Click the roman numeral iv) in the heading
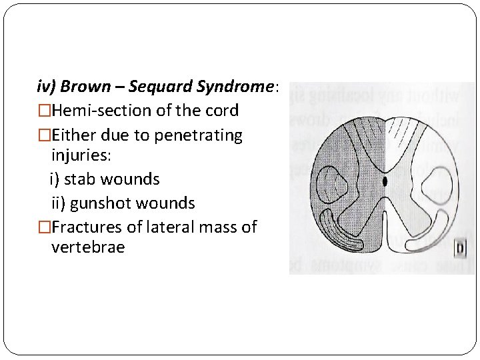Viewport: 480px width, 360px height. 47,87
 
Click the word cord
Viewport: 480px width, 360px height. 223,110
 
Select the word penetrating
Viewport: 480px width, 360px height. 198,135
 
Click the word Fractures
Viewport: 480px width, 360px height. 87,227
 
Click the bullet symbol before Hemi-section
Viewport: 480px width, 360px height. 44,111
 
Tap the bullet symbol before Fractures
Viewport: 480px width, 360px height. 44,227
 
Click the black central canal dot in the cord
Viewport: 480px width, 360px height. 385,181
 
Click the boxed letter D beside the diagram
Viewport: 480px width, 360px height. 460,250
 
